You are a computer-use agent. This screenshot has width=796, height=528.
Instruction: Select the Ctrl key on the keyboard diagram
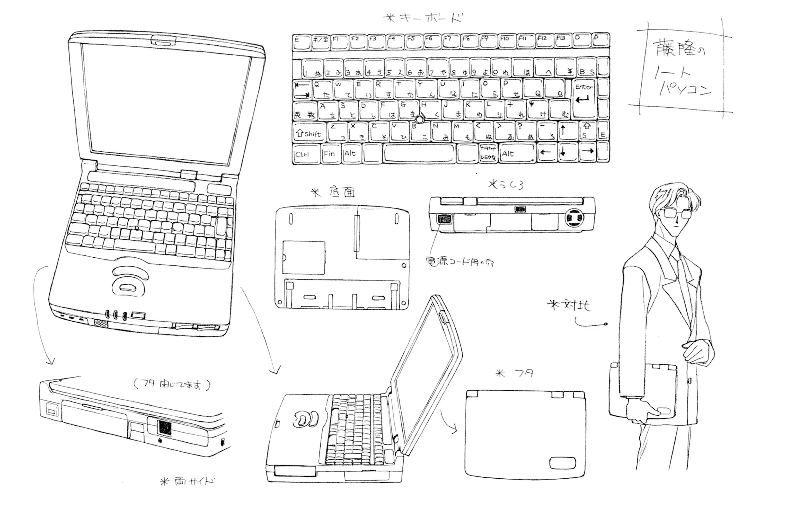pyautogui.click(x=305, y=154)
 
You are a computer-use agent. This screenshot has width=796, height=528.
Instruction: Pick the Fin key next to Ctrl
pyautogui.click(x=330, y=154)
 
